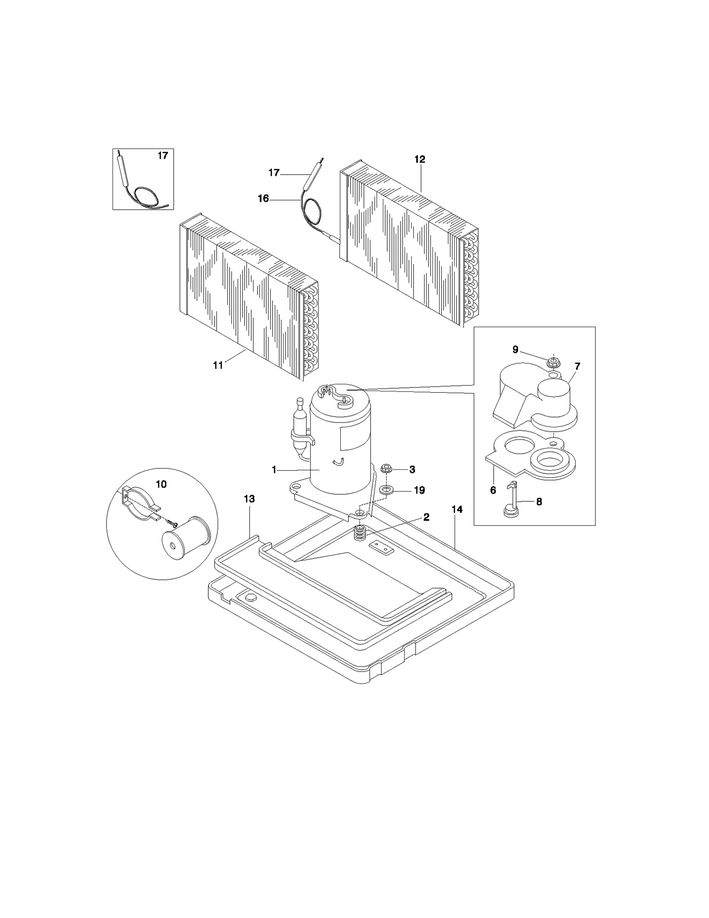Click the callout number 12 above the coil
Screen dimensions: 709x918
(x=420, y=159)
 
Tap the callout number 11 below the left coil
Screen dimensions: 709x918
(x=218, y=365)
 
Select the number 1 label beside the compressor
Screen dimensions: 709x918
(x=274, y=469)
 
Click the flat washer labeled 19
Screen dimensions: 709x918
(x=386, y=490)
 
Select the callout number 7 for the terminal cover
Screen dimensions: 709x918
(x=577, y=367)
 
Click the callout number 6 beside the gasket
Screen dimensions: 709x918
(x=493, y=490)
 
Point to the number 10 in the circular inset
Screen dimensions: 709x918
(x=161, y=484)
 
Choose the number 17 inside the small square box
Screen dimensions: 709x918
(x=163, y=156)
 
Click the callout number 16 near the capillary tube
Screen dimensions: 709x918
(x=264, y=199)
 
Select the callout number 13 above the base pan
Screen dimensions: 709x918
(x=249, y=499)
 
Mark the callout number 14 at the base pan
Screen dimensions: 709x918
(x=457, y=510)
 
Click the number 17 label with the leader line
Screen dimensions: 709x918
(x=274, y=172)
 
